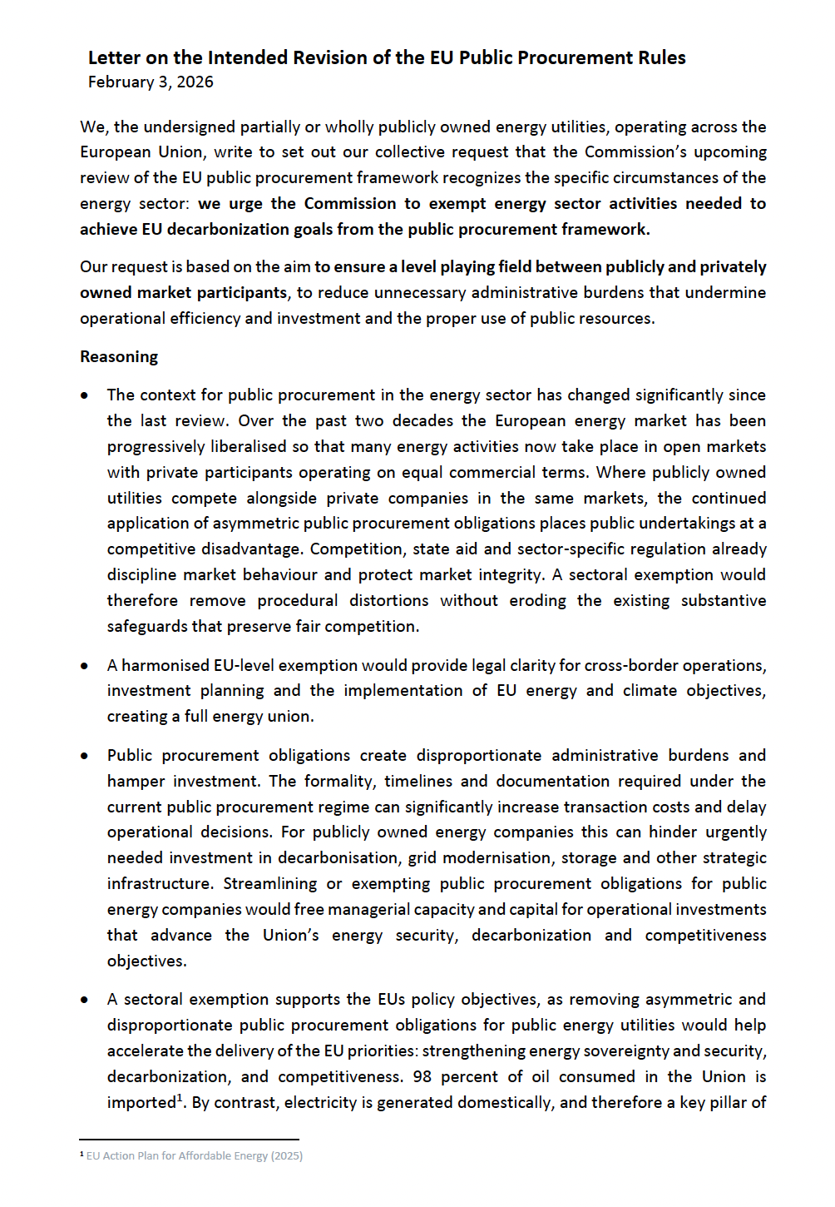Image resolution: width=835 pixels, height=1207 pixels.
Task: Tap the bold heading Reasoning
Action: [119, 356]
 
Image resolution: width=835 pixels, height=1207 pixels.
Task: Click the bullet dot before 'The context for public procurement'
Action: [85, 395]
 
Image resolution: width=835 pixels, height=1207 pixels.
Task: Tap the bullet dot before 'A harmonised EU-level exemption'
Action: [85, 666]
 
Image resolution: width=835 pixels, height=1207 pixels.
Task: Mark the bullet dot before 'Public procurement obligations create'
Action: [85, 756]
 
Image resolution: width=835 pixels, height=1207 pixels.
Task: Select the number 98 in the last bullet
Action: [422, 1076]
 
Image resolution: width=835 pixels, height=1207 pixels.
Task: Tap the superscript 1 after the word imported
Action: [180, 1097]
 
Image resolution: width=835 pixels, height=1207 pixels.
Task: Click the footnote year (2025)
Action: [287, 1155]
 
